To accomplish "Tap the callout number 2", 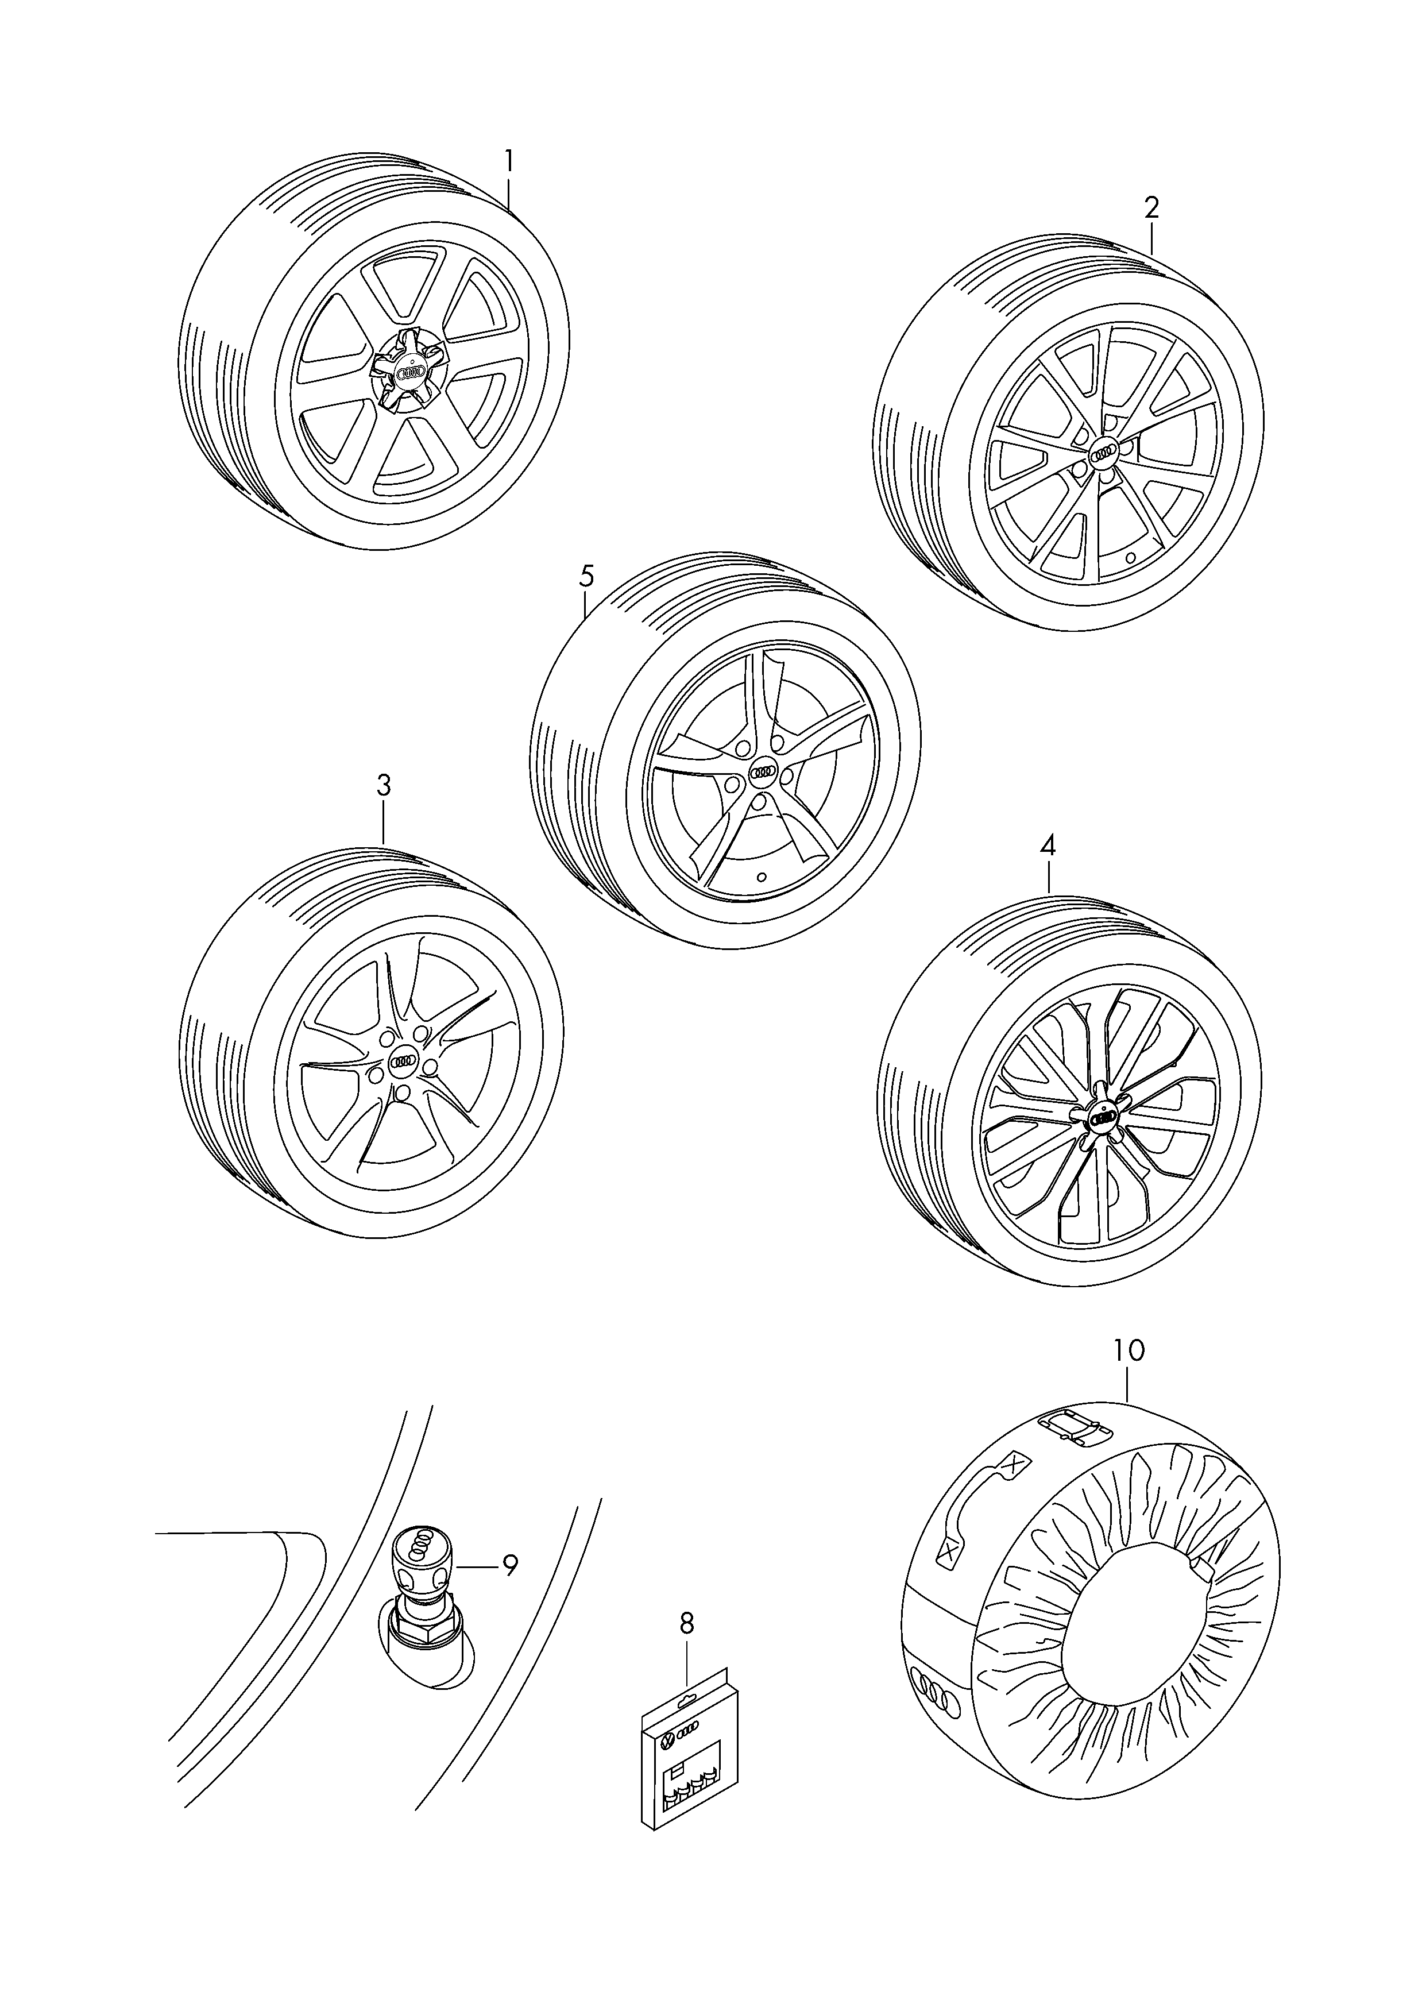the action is tap(1151, 208).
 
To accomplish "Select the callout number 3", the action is tap(384, 786).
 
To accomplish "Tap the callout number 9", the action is tap(510, 1564).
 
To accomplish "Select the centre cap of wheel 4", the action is tap(1101, 1118).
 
